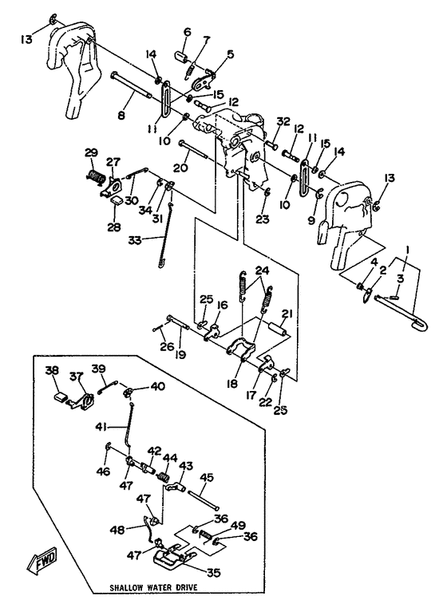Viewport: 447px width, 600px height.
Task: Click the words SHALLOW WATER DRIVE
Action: [x=154, y=587]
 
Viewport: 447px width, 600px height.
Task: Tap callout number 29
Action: [x=92, y=152]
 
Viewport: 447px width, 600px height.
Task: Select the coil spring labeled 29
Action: [x=95, y=176]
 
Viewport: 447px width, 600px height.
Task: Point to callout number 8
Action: [x=121, y=115]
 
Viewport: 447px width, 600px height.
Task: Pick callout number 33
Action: [x=135, y=240]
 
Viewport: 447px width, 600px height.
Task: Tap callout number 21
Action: [x=287, y=314]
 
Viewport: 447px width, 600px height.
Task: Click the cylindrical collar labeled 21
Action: [x=278, y=329]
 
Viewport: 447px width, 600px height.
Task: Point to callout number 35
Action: [x=214, y=572]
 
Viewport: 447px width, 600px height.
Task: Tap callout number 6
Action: [x=187, y=32]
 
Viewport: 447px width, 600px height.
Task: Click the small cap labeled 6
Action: [x=180, y=57]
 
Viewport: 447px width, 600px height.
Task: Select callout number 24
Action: [x=262, y=270]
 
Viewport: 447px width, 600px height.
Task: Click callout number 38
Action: [x=52, y=370]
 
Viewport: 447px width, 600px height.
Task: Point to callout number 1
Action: [x=408, y=250]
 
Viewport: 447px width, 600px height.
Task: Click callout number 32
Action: [x=283, y=122]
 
